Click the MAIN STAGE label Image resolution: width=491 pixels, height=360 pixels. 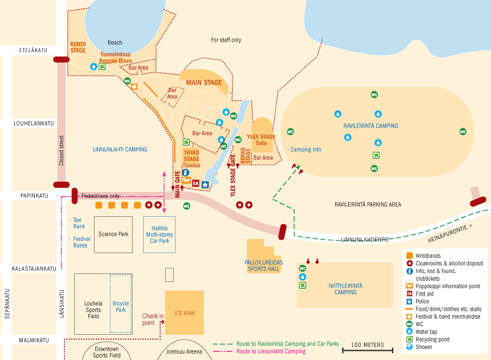[x=204, y=82]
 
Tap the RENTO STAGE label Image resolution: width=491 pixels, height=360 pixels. [x=78, y=47]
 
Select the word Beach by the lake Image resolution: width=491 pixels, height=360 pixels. [x=115, y=42]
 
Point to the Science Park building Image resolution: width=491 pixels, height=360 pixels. [x=113, y=233]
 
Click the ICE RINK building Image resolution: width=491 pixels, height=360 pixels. [x=184, y=313]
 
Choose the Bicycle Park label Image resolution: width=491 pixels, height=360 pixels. [x=120, y=307]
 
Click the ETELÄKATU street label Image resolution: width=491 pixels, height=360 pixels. [x=34, y=50]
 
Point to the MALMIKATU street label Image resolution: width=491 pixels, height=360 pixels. [x=33, y=339]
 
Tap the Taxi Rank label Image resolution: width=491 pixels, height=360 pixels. [x=79, y=222]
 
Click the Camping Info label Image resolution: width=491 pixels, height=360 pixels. [x=306, y=149]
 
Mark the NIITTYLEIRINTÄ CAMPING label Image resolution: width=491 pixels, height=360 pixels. [x=338, y=289]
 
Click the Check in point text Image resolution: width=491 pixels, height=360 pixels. [x=153, y=319]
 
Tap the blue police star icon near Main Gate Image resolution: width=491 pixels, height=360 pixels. [x=205, y=184]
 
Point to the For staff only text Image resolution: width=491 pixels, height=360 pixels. [x=226, y=40]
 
